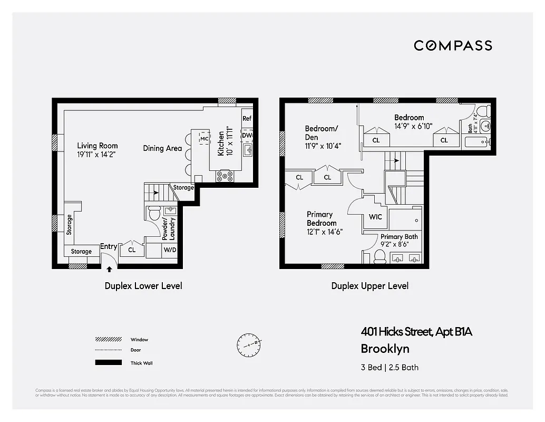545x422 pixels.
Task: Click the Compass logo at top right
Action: (453, 45)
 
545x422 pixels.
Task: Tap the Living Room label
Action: (98, 146)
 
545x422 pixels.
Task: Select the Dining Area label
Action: (162, 148)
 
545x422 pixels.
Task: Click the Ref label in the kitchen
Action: (247, 119)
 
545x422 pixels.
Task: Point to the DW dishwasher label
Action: (247, 136)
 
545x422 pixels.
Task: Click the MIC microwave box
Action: (205, 138)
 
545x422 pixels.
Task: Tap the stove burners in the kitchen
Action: (225, 176)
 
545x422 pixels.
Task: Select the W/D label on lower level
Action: (170, 250)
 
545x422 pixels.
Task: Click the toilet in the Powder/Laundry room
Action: (154, 214)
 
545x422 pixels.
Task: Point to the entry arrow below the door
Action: (109, 269)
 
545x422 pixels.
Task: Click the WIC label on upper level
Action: (375, 217)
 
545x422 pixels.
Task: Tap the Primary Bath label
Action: (399, 237)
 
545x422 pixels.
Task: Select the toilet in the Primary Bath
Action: (379, 257)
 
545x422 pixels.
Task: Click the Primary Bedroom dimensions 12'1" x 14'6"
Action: (325, 231)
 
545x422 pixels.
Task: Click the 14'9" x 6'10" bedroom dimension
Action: (413, 126)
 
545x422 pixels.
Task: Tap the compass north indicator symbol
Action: (248, 344)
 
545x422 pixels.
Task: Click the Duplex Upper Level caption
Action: (369, 286)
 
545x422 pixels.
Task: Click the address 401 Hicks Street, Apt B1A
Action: (416, 332)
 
